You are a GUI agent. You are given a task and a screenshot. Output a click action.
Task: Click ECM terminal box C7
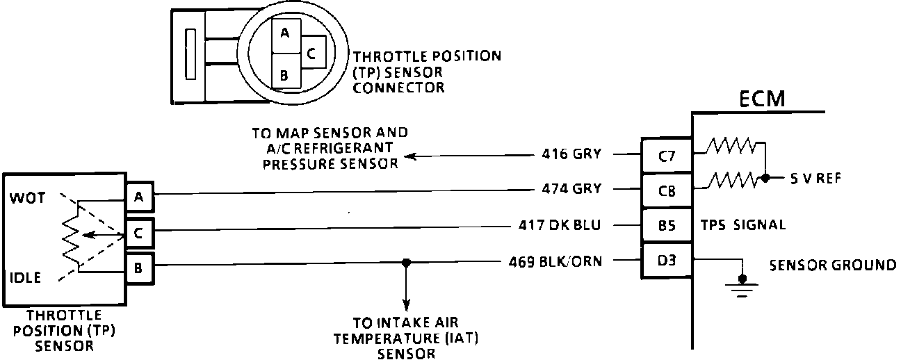coord(666,156)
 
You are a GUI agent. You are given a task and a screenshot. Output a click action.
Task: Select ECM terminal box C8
coord(666,189)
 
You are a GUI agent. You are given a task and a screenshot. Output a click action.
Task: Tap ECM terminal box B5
coord(666,224)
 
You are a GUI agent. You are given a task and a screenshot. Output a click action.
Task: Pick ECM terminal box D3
coord(666,262)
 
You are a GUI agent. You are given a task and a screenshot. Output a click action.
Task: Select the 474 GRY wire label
coord(572,188)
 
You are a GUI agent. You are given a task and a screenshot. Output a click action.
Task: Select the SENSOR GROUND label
coord(832,265)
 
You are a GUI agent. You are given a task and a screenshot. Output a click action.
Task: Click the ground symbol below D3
coord(742,285)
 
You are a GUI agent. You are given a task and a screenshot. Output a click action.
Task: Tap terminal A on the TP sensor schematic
coord(139,197)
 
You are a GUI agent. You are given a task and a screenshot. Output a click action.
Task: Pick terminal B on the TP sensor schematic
coord(139,267)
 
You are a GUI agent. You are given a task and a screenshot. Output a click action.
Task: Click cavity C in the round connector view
coord(311,52)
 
